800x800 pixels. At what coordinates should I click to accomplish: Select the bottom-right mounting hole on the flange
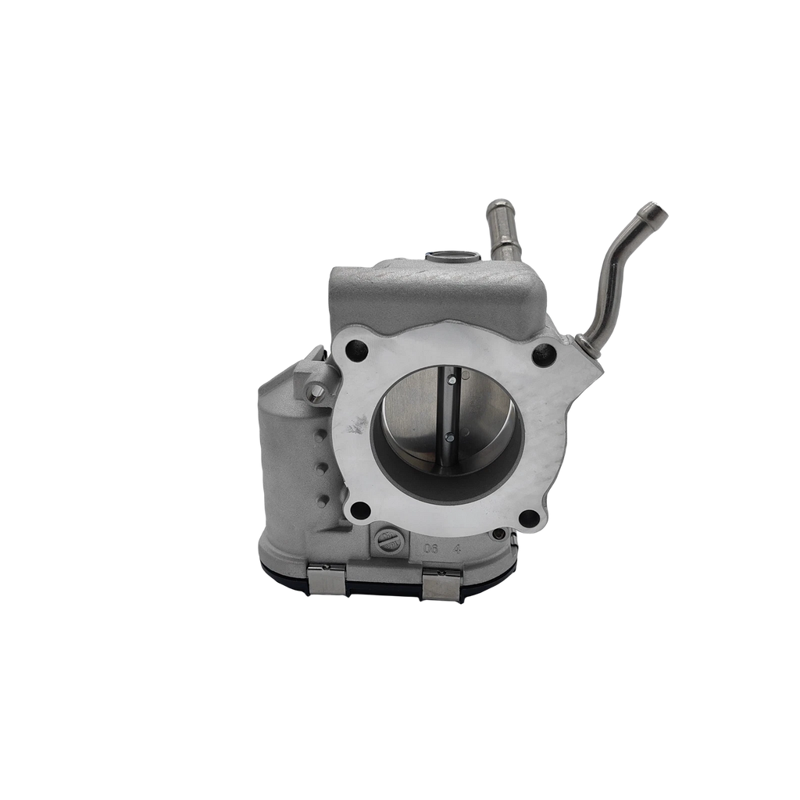pyautogui.click(x=529, y=517)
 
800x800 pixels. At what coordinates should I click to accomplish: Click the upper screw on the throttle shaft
pyautogui.click(x=451, y=380)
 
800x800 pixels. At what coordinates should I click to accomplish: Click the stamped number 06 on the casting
pyautogui.click(x=430, y=549)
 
